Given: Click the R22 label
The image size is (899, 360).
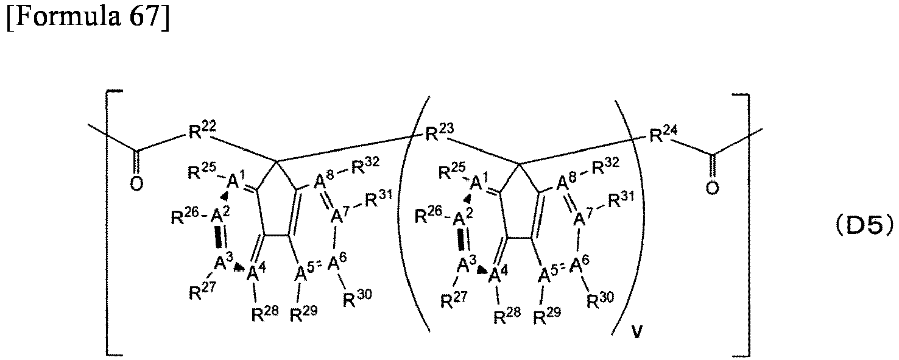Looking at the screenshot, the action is (x=202, y=130).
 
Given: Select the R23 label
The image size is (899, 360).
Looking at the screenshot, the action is (x=440, y=132).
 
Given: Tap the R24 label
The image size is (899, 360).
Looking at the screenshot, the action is (x=663, y=134).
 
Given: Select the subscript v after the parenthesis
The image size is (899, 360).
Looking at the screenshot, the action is (x=637, y=333).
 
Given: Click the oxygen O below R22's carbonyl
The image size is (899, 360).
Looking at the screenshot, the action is (x=136, y=183).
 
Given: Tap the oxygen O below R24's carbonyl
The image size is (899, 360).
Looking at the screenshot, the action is (x=712, y=188).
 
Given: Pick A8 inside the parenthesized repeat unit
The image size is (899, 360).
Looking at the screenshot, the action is (x=566, y=182).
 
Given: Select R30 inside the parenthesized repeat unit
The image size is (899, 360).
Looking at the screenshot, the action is (x=601, y=300).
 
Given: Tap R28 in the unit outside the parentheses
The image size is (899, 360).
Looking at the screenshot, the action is (x=265, y=314).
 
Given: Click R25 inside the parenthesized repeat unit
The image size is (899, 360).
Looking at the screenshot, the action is (x=453, y=171).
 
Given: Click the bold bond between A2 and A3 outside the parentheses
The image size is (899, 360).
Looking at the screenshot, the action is (x=219, y=236).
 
